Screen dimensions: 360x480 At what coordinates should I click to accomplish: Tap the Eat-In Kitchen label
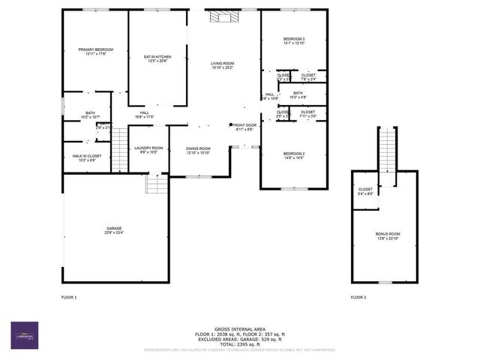pyautogui.click(x=157, y=58)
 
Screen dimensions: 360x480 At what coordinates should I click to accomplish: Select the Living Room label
pyautogui.click(x=223, y=65)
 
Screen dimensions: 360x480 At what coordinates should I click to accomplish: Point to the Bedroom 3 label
pyautogui.click(x=293, y=40)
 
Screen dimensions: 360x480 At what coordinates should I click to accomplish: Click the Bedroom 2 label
pyautogui.click(x=293, y=155)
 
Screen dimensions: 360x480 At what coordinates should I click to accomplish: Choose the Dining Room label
pyautogui.click(x=199, y=151)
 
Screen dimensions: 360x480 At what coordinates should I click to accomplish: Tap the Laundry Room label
pyautogui.click(x=148, y=150)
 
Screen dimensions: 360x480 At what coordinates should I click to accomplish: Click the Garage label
pyautogui.click(x=114, y=230)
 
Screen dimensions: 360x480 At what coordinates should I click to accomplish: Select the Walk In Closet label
pyautogui.click(x=87, y=157)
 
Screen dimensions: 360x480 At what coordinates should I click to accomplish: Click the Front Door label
pyautogui.click(x=244, y=127)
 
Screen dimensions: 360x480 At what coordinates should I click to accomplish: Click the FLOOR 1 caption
pyautogui.click(x=69, y=298)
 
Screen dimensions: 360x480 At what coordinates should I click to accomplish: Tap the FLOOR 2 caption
pyautogui.click(x=358, y=298)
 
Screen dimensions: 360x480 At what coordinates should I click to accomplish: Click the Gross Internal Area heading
pyautogui.click(x=240, y=328)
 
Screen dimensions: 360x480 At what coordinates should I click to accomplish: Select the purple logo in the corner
pyautogui.click(x=24, y=335)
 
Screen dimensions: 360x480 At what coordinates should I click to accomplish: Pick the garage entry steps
pyautogui.click(x=155, y=184)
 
